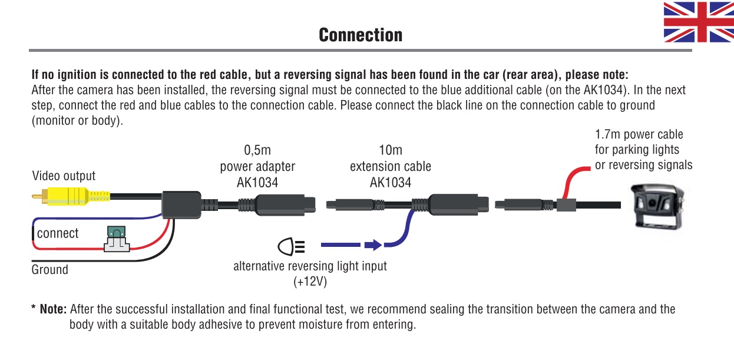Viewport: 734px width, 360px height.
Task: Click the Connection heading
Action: (x=361, y=35)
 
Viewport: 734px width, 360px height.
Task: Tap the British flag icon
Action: (x=698, y=22)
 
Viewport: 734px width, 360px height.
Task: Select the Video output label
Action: (x=64, y=176)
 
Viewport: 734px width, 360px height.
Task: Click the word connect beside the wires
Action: (x=58, y=233)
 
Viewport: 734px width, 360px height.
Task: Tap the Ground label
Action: (x=50, y=270)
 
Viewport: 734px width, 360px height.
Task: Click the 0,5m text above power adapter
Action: (x=257, y=150)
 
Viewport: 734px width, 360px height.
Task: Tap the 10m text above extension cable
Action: (x=391, y=150)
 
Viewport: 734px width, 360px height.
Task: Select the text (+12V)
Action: (x=310, y=282)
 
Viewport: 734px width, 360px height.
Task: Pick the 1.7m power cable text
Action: (x=639, y=134)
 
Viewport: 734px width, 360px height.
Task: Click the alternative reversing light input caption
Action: (x=310, y=266)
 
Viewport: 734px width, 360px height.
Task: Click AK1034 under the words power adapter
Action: (x=257, y=182)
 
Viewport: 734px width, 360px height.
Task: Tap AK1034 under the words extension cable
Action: (x=391, y=182)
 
